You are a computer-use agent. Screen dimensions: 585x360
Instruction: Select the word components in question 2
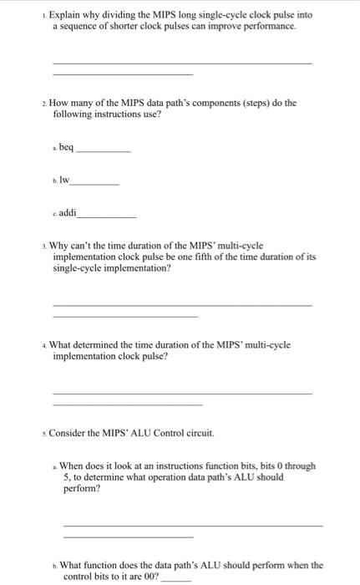[x=213, y=104]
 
